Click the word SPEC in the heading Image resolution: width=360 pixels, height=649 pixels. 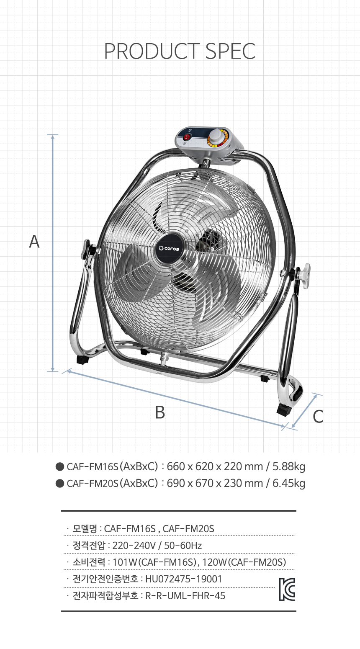click(x=231, y=51)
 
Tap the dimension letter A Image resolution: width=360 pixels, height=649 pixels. click(x=34, y=241)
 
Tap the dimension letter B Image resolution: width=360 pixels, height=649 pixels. click(x=160, y=412)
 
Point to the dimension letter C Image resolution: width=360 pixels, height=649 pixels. click(x=318, y=416)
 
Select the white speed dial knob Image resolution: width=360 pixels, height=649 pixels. click(x=216, y=136)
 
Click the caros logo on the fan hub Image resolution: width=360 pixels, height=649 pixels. click(x=169, y=248)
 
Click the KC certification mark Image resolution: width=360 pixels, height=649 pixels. click(x=287, y=589)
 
